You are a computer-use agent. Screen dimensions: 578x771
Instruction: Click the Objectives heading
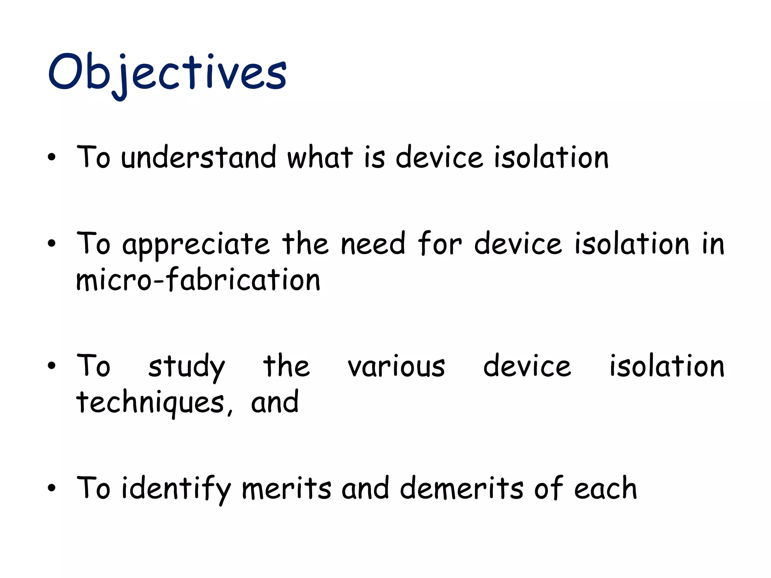click(167, 73)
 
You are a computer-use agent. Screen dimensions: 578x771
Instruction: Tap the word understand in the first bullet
click(198, 157)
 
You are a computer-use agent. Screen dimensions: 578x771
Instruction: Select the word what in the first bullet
click(320, 157)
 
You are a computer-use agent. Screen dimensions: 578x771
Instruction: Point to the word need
click(373, 244)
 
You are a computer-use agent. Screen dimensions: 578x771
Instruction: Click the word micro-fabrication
click(198, 280)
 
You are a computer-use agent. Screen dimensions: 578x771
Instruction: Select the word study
click(186, 367)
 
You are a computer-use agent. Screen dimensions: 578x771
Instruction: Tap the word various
click(396, 367)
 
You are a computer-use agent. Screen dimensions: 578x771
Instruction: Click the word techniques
click(151, 403)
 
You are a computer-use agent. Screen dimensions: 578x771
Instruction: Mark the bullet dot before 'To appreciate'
click(52, 244)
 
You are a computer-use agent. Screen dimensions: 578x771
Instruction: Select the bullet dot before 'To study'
click(52, 366)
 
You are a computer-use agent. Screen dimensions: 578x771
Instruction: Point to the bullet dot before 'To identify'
click(52, 488)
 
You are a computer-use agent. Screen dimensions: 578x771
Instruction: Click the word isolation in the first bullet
click(551, 157)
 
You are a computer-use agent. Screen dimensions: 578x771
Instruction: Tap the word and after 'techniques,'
click(275, 403)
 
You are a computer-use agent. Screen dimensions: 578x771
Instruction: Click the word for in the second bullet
click(439, 244)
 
